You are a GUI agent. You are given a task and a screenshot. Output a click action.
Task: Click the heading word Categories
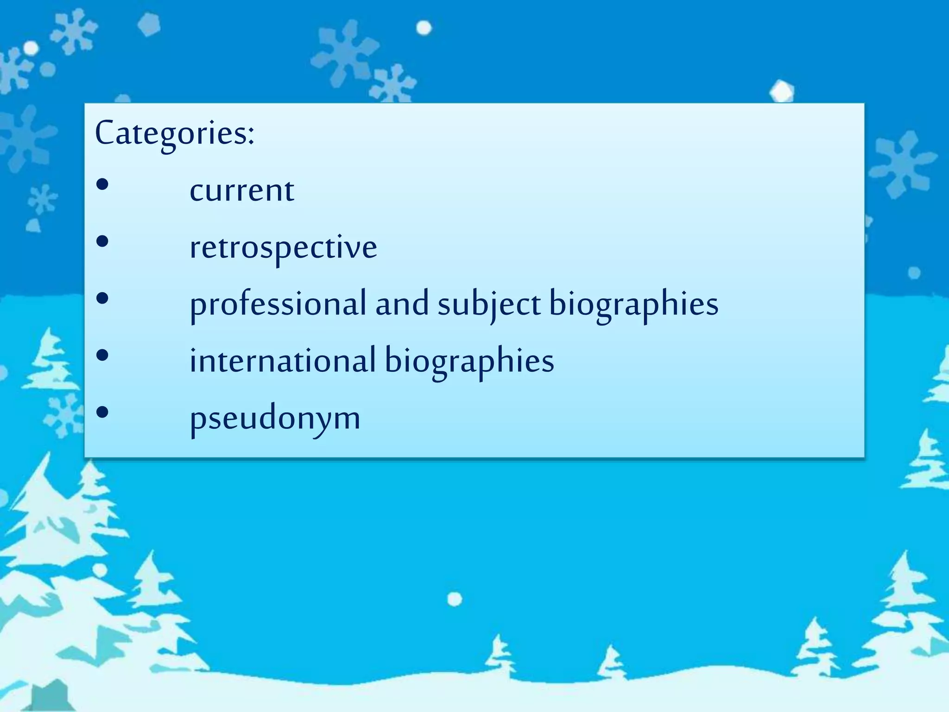tap(171, 133)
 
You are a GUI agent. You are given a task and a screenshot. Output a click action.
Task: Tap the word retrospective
tap(283, 247)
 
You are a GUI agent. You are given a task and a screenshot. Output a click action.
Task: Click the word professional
tap(278, 305)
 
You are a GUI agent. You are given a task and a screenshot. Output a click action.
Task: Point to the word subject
tap(489, 305)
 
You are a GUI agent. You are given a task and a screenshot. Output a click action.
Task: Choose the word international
tap(282, 361)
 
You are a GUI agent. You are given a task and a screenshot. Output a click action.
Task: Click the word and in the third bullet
tap(402, 304)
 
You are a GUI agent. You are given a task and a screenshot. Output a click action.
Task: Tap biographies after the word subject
tap(633, 305)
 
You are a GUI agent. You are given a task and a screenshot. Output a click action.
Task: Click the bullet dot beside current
tap(102, 184)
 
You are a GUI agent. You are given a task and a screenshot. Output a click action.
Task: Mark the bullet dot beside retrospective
tap(102, 242)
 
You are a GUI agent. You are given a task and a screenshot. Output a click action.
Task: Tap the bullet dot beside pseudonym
tap(102, 412)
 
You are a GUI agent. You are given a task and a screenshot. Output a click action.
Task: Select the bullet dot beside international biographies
tap(102, 355)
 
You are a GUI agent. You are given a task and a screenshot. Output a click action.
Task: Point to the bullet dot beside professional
tap(102, 299)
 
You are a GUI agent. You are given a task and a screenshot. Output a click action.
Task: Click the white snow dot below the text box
tap(455, 599)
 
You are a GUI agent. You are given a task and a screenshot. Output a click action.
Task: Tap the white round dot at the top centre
tap(424, 28)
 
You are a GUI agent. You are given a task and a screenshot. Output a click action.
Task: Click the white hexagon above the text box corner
tap(782, 91)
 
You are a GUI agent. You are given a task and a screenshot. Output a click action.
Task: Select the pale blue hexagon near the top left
tap(149, 24)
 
